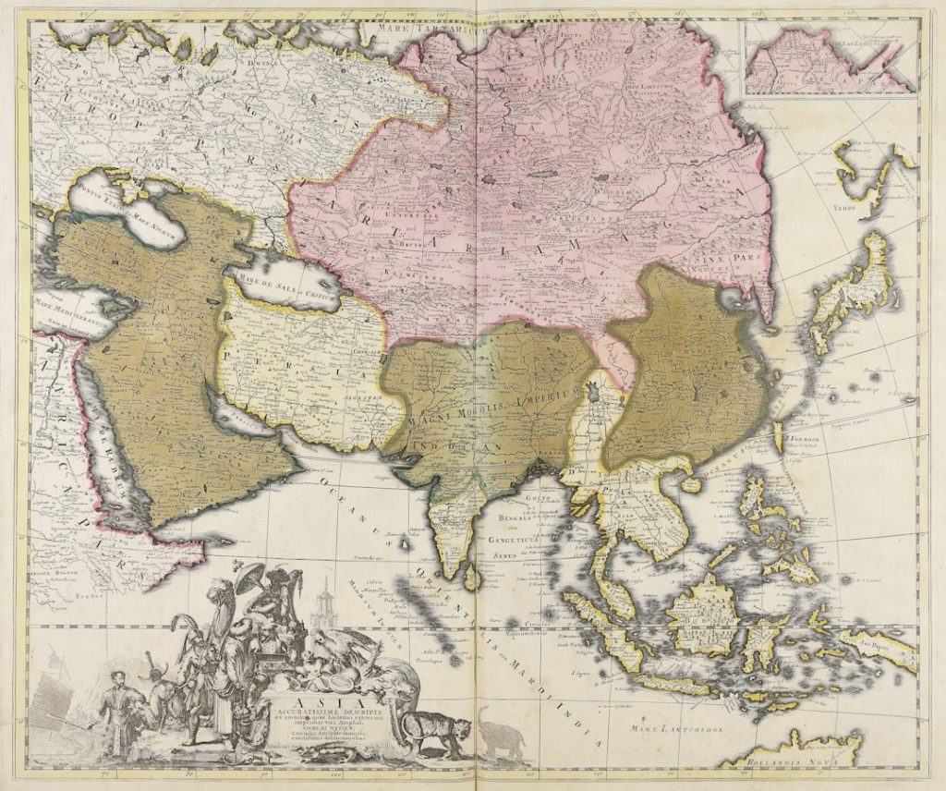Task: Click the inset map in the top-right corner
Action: pos(831,57)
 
